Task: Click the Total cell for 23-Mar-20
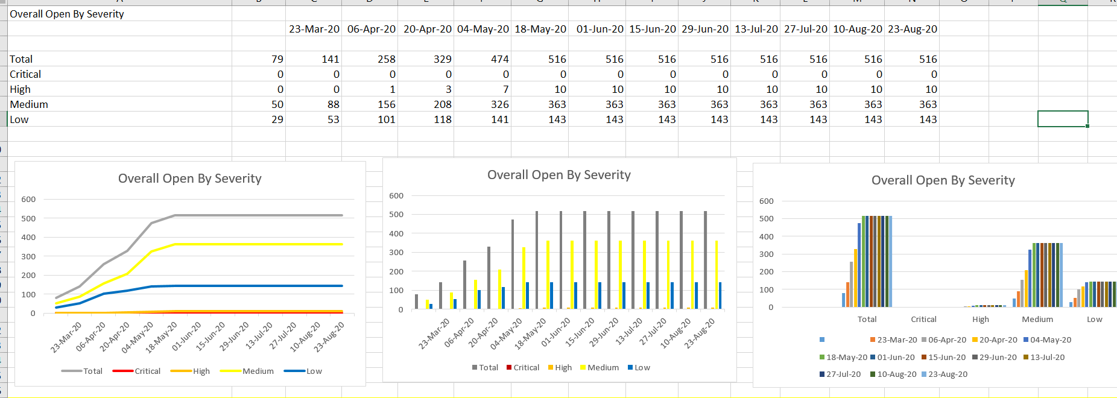click(x=277, y=59)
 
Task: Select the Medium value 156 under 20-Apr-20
click(x=386, y=104)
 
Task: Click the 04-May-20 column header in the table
click(x=483, y=29)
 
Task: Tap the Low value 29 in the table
click(x=277, y=119)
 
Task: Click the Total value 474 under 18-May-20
click(x=499, y=59)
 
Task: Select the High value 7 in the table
click(x=505, y=89)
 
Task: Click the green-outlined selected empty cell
click(x=1062, y=119)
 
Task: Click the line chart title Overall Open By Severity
click(x=189, y=178)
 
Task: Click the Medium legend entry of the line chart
click(x=258, y=371)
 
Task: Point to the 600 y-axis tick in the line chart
click(x=28, y=199)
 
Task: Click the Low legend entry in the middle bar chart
click(x=642, y=367)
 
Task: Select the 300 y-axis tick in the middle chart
click(x=396, y=252)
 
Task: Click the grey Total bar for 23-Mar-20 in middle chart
click(x=416, y=302)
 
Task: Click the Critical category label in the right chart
click(x=923, y=319)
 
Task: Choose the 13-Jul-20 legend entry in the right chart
click(x=1047, y=357)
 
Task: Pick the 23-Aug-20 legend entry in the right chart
click(x=948, y=374)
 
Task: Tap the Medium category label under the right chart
click(x=1037, y=319)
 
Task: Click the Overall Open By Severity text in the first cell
click(x=67, y=14)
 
